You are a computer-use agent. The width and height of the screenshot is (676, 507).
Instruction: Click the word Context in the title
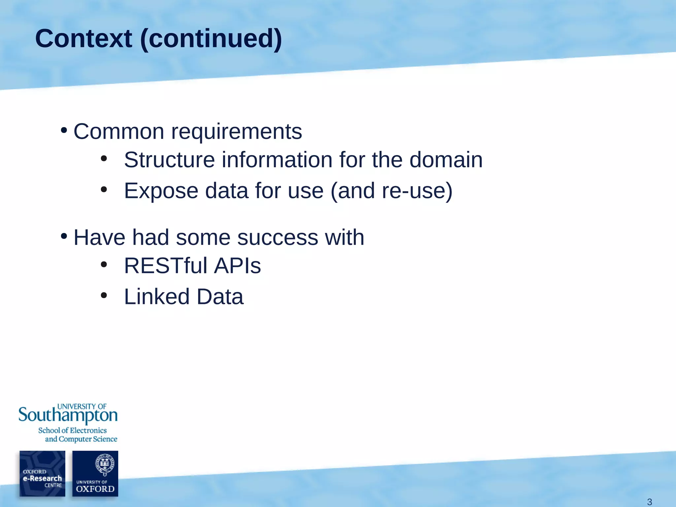84,39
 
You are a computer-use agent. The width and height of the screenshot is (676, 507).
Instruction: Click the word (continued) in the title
211,39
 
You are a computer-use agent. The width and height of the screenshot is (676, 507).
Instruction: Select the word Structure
169,160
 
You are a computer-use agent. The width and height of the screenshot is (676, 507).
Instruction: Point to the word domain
446,160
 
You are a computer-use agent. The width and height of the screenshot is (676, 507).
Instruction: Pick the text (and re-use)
391,191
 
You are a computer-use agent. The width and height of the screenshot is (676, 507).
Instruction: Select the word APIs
237,266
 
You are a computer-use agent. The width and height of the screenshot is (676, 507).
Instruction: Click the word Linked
157,297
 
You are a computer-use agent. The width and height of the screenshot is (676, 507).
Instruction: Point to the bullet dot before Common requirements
64,130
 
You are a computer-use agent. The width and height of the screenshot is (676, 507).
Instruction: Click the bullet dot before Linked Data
104,295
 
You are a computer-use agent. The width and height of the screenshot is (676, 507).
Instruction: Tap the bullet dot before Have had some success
64,236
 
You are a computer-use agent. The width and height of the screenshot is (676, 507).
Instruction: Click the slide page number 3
649,502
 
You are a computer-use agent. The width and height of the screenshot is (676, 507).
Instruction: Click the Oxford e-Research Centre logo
42,474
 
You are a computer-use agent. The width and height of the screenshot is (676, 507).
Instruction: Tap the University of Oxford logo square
95,474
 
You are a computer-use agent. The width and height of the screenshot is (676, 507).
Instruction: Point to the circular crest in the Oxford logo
104,464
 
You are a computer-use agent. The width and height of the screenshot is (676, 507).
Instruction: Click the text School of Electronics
72,430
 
